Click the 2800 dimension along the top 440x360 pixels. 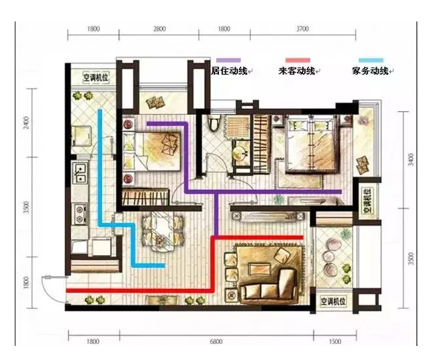(x=159, y=30)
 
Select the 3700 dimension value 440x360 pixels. (x=302, y=30)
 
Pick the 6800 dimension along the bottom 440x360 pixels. (x=216, y=342)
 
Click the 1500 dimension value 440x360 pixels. (x=335, y=342)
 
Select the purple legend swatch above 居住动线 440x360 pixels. (x=226, y=60)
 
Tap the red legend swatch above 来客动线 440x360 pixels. (x=298, y=60)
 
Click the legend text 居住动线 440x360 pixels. (x=228, y=71)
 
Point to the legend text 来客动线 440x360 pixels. (x=298, y=71)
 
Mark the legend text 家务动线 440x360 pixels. (x=369, y=71)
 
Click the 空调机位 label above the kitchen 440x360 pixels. (x=96, y=77)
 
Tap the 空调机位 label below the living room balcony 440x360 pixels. (x=335, y=301)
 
